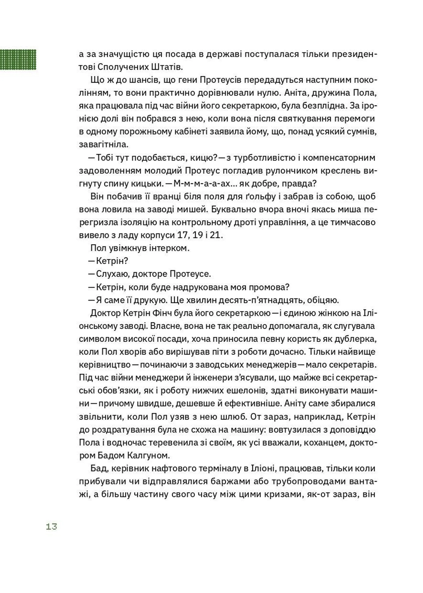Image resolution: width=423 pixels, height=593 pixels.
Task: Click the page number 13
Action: point(51,527)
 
